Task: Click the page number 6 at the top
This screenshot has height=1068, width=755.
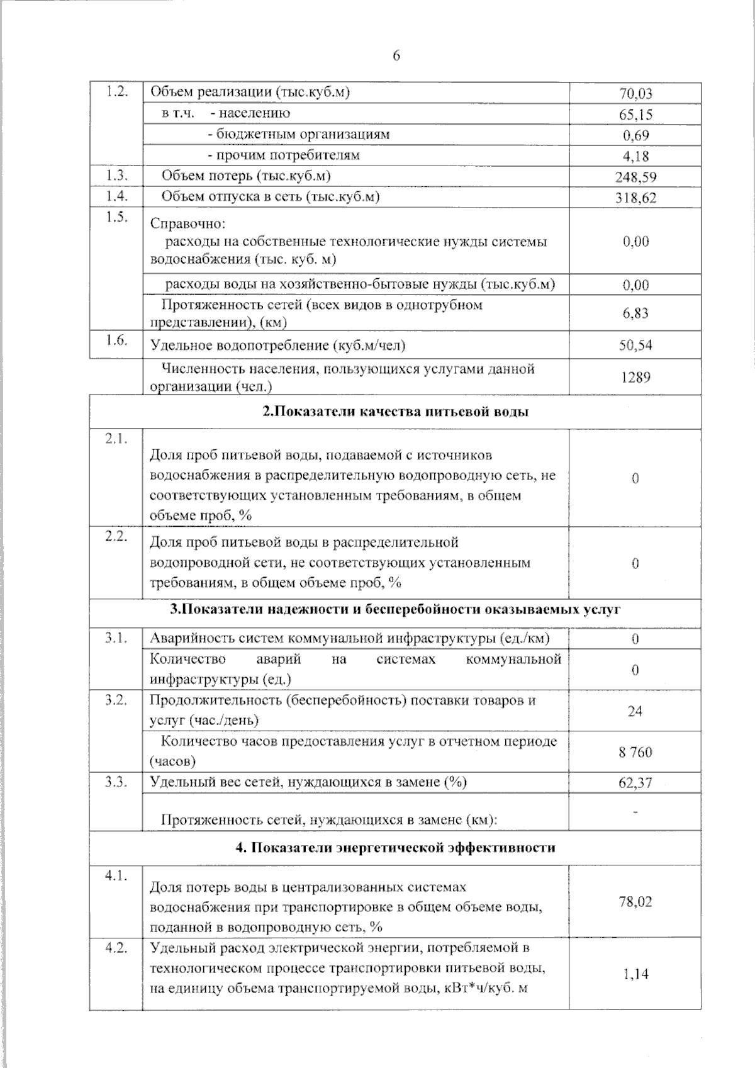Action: pos(396,56)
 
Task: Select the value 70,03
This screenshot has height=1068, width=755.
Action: pos(635,94)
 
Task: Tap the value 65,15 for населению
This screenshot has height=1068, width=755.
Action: pos(635,115)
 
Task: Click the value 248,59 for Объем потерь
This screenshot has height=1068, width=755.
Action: pos(635,177)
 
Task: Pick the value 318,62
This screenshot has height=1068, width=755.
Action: pos(635,198)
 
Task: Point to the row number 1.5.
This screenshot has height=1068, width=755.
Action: pos(116,217)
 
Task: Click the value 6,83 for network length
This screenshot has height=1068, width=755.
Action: pos(635,313)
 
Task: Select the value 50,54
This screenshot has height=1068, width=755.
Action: pos(635,345)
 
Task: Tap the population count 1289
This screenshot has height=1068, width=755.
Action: pos(635,377)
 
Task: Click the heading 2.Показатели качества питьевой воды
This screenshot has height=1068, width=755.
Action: pos(395,412)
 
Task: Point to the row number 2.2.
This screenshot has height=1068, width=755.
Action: pos(116,536)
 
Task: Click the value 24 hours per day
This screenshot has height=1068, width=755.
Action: pos(635,711)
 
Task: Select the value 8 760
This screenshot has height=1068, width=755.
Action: pos(635,752)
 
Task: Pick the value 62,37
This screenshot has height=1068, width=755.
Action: pos(635,783)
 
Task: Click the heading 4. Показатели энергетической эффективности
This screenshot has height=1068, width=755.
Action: pos(395,848)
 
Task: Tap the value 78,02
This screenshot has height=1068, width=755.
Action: pos(635,902)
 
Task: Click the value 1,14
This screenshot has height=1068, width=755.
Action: pos(635,974)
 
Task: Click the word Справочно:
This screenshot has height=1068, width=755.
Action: pos(187,224)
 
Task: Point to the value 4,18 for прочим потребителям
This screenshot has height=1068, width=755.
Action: pos(635,156)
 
